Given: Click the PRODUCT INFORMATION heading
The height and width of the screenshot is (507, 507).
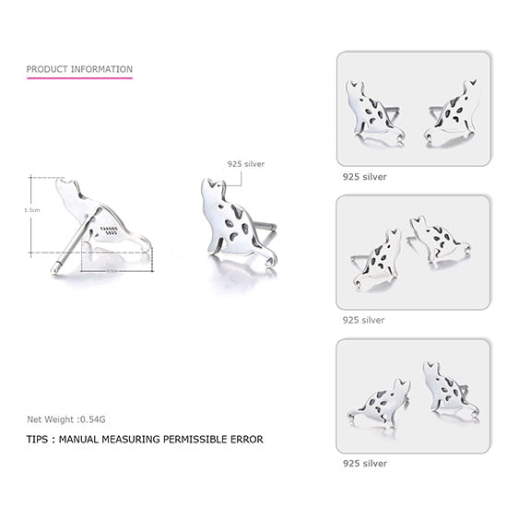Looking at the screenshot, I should click(79, 69).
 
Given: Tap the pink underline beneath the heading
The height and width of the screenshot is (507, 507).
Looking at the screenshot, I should click(79, 77).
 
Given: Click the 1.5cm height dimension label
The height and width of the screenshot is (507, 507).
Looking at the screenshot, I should click(31, 210).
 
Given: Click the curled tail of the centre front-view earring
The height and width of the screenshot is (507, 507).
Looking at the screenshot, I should click(270, 262).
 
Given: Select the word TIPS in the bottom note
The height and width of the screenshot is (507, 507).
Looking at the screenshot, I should click(39, 440).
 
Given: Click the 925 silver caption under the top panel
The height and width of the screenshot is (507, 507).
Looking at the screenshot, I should click(363, 176).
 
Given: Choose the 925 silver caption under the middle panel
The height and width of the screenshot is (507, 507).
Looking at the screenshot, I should click(363, 320).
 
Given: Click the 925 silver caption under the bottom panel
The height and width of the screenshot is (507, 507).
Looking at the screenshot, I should click(363, 464).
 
